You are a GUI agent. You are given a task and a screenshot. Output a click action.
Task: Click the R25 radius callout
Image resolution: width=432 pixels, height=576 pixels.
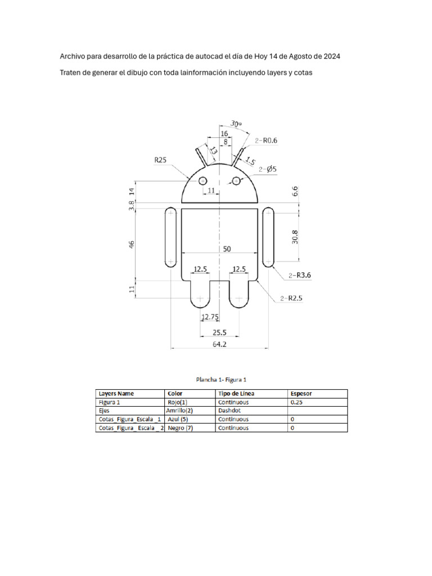[x=161, y=160]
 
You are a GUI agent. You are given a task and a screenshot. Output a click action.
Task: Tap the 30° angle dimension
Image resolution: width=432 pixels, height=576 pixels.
[x=236, y=124]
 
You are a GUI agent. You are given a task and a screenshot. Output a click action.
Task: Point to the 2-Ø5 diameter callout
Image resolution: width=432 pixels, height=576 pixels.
[x=267, y=169]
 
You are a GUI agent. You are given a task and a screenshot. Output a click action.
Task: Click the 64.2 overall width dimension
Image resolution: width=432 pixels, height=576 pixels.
[x=219, y=344]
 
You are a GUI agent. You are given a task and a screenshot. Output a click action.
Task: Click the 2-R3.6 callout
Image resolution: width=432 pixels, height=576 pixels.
[x=299, y=275]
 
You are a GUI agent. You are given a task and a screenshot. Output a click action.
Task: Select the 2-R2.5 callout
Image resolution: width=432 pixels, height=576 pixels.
[x=291, y=299]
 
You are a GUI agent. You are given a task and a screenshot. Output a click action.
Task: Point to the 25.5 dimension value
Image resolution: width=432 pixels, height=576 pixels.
[x=219, y=332]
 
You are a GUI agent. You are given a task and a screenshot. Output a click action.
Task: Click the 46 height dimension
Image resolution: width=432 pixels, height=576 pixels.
[x=132, y=245]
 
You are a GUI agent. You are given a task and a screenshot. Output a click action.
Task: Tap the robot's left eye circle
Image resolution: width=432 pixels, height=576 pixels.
[x=202, y=181]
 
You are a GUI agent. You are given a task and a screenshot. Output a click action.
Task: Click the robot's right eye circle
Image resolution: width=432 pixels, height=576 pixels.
[x=236, y=181]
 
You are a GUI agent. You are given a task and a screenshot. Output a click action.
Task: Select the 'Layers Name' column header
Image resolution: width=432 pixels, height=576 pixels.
[x=116, y=394]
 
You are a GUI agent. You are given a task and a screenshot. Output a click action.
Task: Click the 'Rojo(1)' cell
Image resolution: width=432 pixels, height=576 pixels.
[x=177, y=402]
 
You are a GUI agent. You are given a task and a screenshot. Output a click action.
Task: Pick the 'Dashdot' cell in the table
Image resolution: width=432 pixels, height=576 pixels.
[x=230, y=411]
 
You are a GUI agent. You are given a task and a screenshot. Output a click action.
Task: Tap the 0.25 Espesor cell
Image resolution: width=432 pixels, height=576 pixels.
[x=296, y=402]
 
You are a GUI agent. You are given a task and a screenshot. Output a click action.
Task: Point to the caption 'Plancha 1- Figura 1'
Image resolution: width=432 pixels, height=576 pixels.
[x=221, y=380]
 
